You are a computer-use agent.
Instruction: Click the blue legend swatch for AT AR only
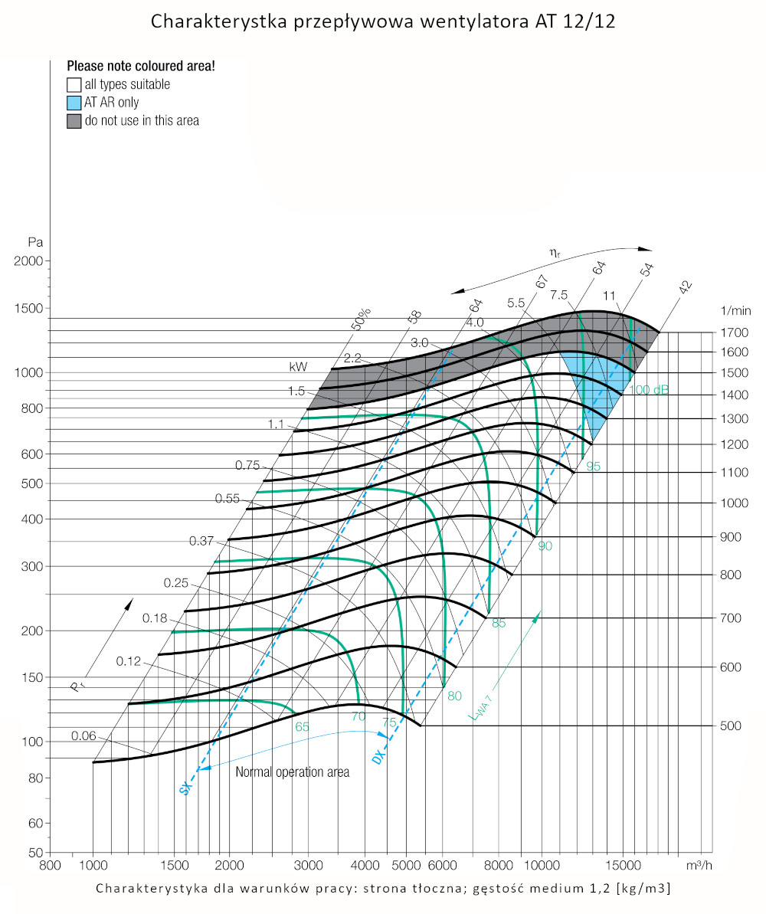point(74,102)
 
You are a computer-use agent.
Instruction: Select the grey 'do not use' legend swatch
point(74,120)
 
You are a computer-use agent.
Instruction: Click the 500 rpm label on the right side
point(732,725)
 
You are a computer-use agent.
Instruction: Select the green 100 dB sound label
point(649,390)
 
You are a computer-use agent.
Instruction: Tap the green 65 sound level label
point(302,726)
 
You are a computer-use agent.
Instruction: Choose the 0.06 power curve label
point(83,735)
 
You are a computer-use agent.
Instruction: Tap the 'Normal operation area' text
point(292,772)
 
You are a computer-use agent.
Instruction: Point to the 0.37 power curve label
point(201,541)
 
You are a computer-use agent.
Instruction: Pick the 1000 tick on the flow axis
point(93,865)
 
